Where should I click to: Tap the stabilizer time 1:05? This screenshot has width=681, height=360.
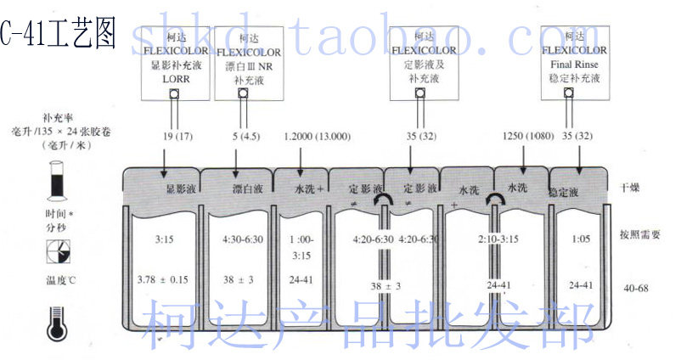pos(581,241)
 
